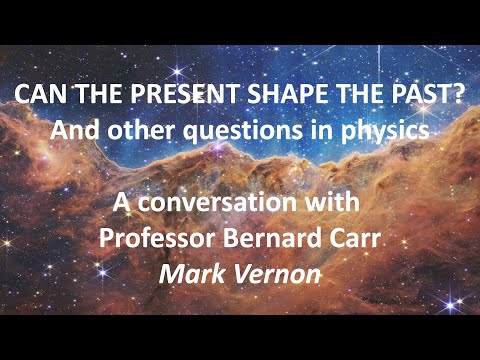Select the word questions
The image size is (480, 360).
(x=243, y=130)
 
